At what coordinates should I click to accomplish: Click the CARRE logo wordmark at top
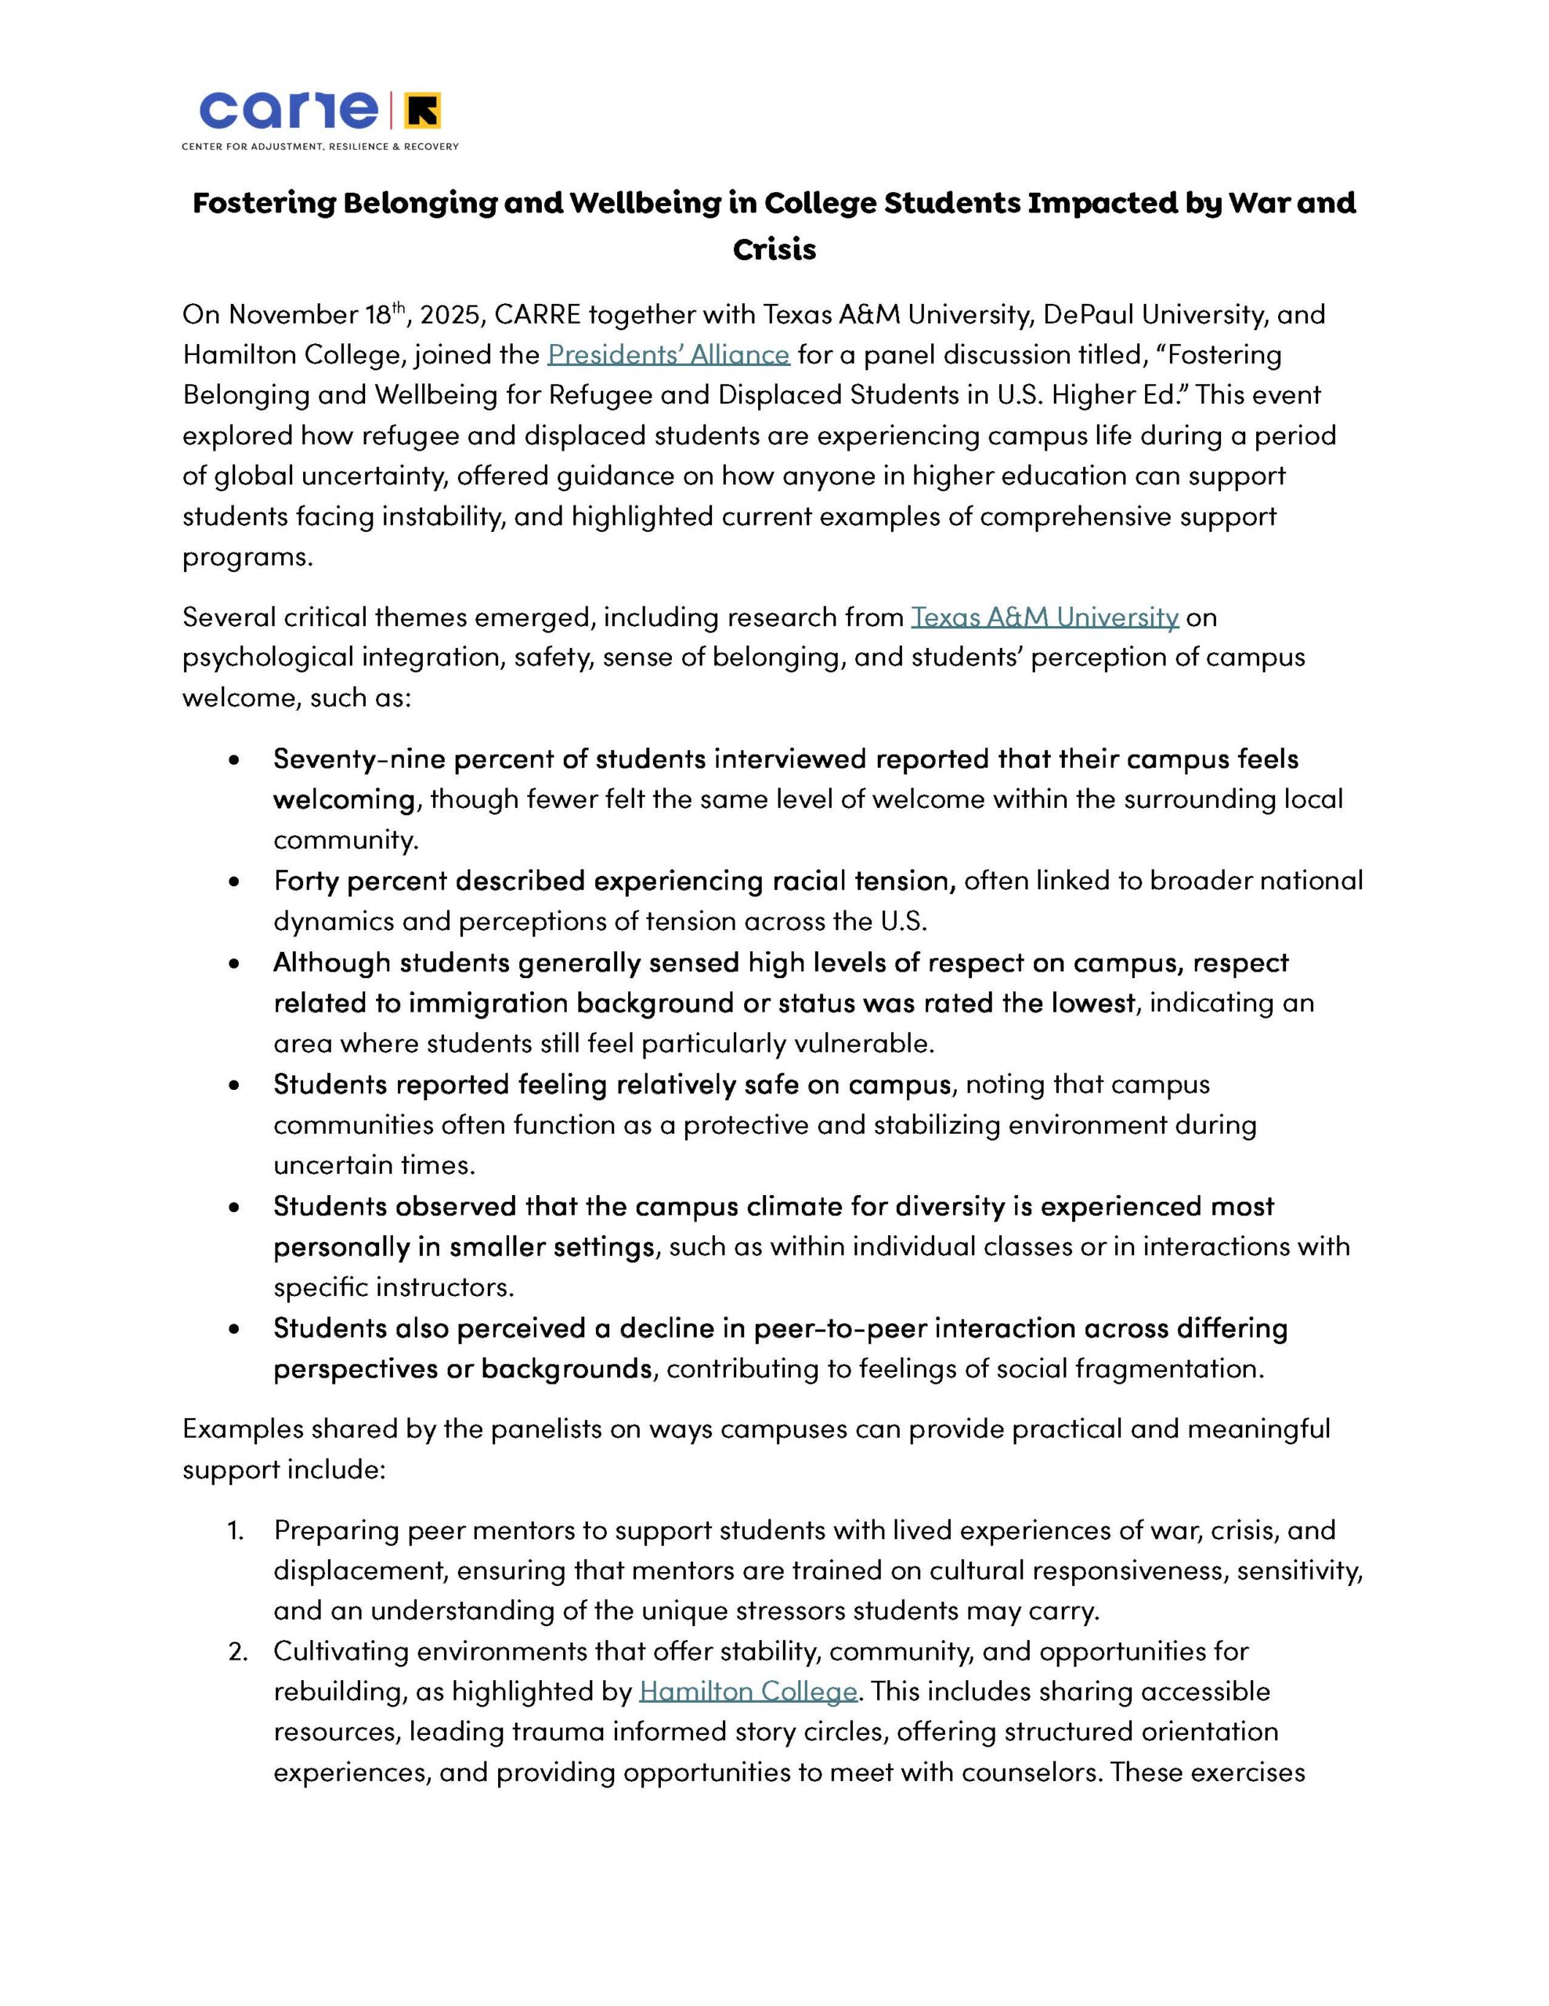pyautogui.click(x=288, y=111)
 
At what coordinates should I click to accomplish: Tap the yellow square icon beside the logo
pyautogui.click(x=424, y=111)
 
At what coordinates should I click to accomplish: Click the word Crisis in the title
pyautogui.click(x=774, y=250)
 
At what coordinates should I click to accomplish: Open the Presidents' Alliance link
pyautogui.click(x=669, y=354)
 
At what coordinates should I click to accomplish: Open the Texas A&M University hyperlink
pyautogui.click(x=1045, y=617)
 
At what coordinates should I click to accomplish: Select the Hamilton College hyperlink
pyautogui.click(x=749, y=1691)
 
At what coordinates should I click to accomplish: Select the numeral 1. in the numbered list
pyautogui.click(x=236, y=1530)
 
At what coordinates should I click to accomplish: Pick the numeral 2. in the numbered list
pyautogui.click(x=238, y=1652)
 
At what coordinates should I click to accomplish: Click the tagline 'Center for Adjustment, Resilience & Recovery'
pyautogui.click(x=320, y=147)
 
